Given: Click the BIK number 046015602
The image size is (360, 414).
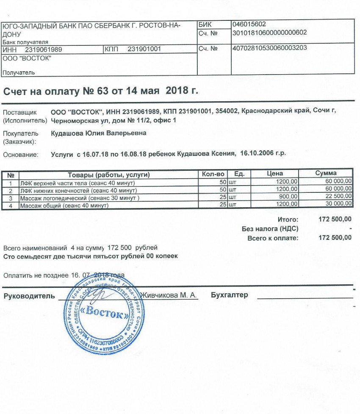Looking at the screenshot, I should click(x=249, y=24).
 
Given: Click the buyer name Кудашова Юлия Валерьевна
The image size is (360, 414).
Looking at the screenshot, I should click(x=98, y=133).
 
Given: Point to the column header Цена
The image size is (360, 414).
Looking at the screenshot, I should click(x=275, y=174).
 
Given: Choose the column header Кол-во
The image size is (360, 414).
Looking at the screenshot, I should click(x=213, y=174).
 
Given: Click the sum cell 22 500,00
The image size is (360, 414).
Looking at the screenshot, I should click(x=338, y=196).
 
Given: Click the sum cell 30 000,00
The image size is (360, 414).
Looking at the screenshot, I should click(x=338, y=206).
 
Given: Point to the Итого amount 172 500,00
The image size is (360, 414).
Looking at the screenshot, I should click(x=335, y=219).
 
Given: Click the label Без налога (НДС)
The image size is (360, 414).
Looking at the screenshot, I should click(x=270, y=229).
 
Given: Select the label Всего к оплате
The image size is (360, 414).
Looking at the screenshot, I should click(x=273, y=238).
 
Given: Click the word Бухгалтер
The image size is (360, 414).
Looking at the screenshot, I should click(x=229, y=295).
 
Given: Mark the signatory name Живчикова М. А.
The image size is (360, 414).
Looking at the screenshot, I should click(x=169, y=295).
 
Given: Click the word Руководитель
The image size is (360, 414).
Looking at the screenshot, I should click(x=29, y=295).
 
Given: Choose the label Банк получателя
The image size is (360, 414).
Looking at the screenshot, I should click(x=25, y=42).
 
